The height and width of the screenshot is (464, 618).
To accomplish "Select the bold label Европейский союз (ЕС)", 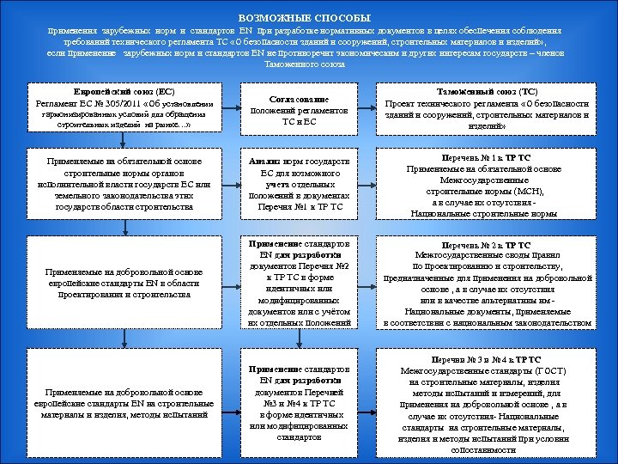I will pyautogui.click(x=124, y=91).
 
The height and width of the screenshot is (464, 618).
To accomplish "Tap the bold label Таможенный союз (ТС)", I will pyautogui.click(x=492, y=89).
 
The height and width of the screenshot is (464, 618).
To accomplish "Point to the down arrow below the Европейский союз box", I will pyautogui.click(x=125, y=140).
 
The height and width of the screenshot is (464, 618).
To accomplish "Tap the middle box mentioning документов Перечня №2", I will pyautogui.click(x=299, y=279).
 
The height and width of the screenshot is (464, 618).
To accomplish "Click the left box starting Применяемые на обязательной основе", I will pyautogui.click(x=125, y=184).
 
